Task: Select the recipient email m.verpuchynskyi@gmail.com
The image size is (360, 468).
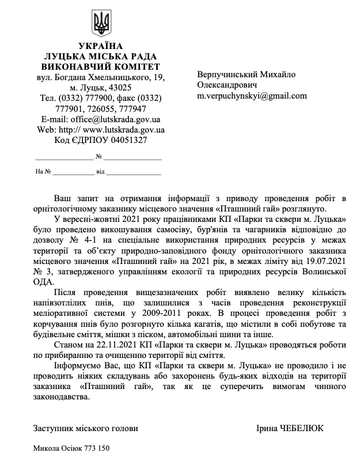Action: (252, 96)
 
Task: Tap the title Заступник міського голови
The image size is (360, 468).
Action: (86, 429)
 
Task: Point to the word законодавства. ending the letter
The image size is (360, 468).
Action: (62, 397)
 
